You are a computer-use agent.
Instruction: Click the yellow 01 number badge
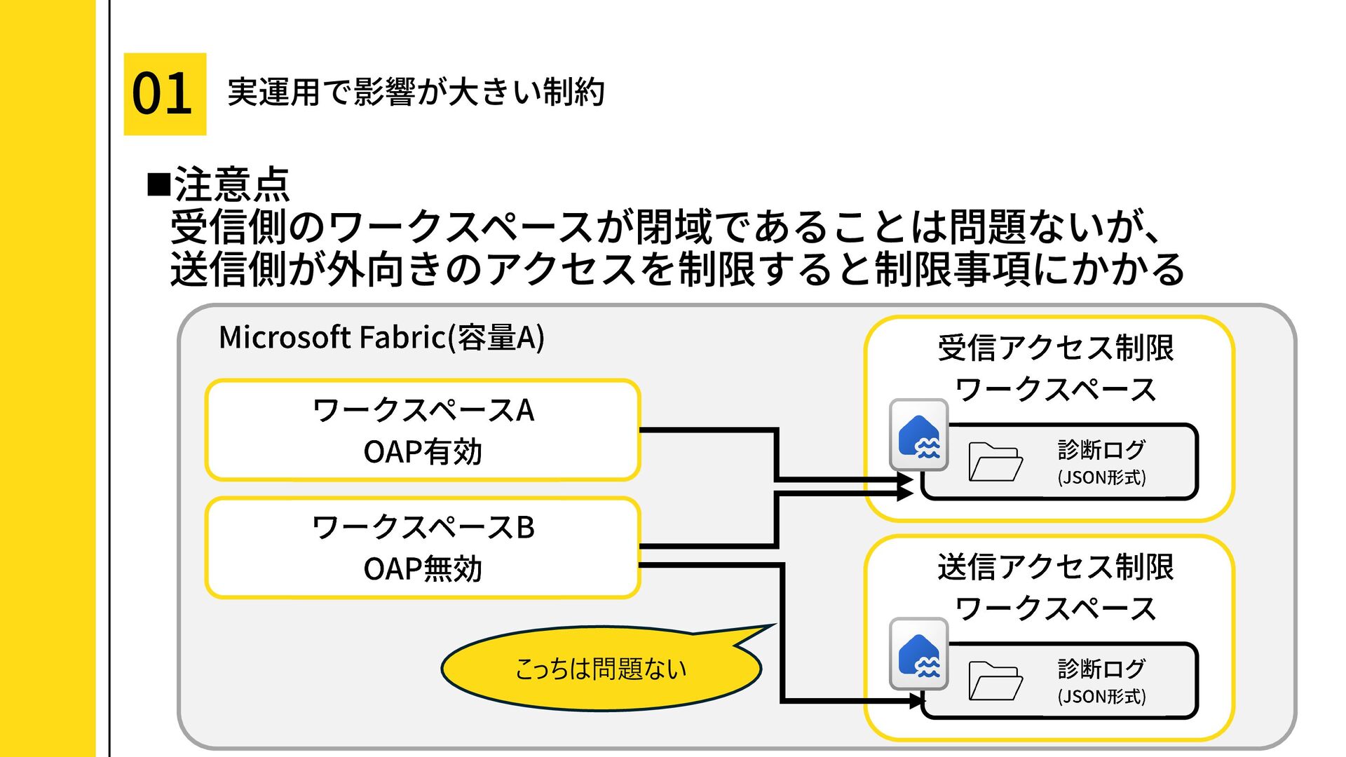point(165,94)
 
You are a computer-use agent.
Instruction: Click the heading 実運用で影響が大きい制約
point(416,93)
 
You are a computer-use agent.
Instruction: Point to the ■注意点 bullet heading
point(219,184)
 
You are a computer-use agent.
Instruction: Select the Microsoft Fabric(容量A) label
point(381,337)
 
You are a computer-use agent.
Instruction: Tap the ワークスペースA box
point(423,430)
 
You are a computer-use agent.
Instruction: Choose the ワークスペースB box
point(423,547)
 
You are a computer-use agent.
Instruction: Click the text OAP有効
point(423,452)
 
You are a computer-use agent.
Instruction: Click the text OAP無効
point(423,569)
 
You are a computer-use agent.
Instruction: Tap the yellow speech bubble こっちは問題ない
point(601,668)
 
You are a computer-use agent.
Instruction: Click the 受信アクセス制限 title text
point(1056,348)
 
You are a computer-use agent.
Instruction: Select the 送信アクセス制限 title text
point(1056,567)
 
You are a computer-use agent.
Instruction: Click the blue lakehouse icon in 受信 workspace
point(919,435)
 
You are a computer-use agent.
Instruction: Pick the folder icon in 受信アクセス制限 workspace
point(995,462)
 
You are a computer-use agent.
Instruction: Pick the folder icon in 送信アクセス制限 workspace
point(995,681)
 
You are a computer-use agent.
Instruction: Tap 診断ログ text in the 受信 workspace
point(1102,449)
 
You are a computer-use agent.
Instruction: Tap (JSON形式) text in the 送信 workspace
point(1102,696)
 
